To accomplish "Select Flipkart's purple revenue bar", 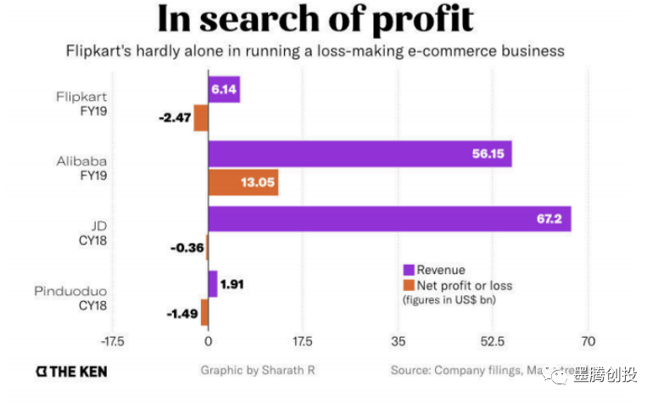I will (x=224, y=89).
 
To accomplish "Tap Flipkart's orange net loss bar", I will (x=201, y=118).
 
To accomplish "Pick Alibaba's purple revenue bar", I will (x=360, y=154).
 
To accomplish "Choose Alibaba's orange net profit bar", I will (x=243, y=182).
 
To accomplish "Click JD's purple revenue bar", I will (x=389, y=219).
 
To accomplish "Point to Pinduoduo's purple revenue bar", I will (x=213, y=284).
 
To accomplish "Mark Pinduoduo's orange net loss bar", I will (x=204, y=312).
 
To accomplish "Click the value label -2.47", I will (x=174, y=118).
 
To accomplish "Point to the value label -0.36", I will (x=186, y=248).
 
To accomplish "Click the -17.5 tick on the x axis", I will (x=112, y=342).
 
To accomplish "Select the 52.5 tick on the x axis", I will (x=493, y=342).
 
